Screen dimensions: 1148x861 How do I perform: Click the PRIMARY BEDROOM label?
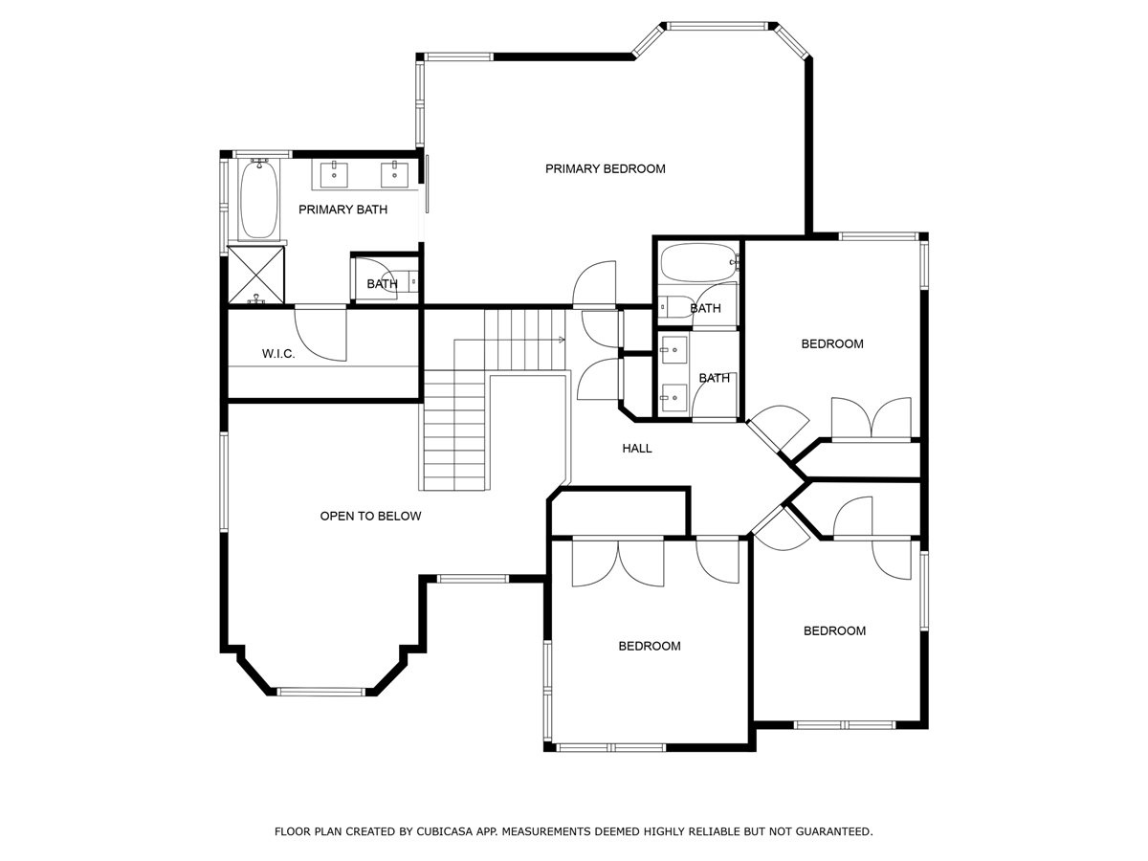coord(606,169)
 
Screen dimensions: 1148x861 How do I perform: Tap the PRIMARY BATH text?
coord(342,210)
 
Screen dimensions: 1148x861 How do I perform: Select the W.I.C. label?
coord(278,354)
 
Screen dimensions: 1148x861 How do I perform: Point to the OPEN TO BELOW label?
coord(370,516)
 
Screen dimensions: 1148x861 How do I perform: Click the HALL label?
coord(637,448)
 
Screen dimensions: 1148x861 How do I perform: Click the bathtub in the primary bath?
coord(258,199)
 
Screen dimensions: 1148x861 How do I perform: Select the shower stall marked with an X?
coord(256,275)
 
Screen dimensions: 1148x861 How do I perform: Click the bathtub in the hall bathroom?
coord(699,262)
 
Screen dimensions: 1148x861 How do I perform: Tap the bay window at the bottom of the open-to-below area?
coord(320,692)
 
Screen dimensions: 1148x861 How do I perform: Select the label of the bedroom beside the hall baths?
coord(832,344)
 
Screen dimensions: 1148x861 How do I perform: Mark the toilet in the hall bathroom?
coord(673,307)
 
